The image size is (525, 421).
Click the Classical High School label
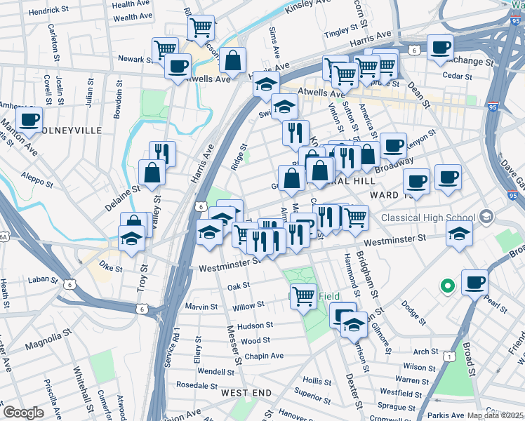tap(428, 217)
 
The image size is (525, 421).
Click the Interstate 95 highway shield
tap(493, 107)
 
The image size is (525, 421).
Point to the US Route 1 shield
tap(447, 357)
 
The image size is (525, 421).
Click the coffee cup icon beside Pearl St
tap(475, 282)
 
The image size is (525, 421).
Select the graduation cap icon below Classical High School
tap(459, 235)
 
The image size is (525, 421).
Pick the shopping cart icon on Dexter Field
tap(303, 295)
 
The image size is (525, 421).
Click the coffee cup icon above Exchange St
tap(440, 47)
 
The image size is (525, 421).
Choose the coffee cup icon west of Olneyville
tap(29, 119)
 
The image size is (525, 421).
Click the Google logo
tap(24, 413)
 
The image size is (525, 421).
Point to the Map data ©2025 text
tap(496, 415)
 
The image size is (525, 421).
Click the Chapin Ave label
tap(264, 356)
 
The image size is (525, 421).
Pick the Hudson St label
tap(255, 326)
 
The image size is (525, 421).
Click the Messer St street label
tap(234, 344)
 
